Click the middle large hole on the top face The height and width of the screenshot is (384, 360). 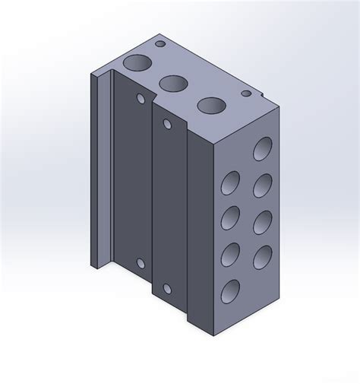point(174,83)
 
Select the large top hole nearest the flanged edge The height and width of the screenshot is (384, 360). point(137,63)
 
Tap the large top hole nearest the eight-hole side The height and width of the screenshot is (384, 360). point(211,106)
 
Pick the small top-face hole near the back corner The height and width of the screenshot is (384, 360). point(160,46)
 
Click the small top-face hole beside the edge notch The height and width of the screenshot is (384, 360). point(246,94)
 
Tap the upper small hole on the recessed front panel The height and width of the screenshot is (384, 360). point(141,99)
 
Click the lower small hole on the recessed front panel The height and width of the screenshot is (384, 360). point(141,264)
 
